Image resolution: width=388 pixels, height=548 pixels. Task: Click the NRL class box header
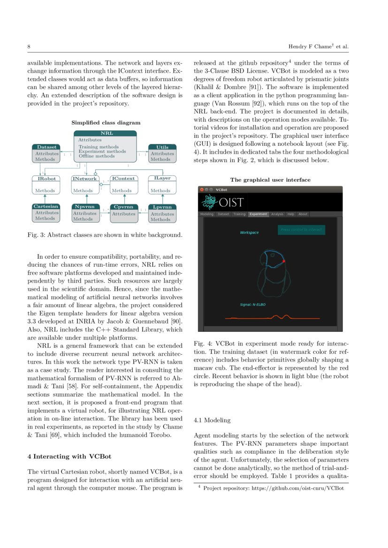(x=107, y=133)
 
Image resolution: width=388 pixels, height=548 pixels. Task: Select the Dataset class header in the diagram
(x=46, y=147)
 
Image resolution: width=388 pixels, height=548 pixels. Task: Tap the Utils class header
(x=162, y=147)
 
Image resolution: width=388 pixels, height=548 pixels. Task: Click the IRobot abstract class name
(x=46, y=179)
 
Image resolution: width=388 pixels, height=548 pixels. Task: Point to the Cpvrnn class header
(x=123, y=207)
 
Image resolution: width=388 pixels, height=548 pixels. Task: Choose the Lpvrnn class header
(x=162, y=207)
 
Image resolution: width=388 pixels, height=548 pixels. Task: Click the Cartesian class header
(x=46, y=206)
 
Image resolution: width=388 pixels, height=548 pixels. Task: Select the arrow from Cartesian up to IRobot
(x=46, y=199)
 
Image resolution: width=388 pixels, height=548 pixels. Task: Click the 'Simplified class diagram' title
(x=106, y=123)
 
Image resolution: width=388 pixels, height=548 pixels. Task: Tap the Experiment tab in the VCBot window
(x=258, y=214)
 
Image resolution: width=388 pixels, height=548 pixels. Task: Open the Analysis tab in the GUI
(x=277, y=214)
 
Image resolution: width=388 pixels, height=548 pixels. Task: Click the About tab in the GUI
(x=303, y=214)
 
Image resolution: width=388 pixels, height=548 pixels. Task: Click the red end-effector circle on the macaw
(x=284, y=261)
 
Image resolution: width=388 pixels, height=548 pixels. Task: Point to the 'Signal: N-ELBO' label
(x=253, y=305)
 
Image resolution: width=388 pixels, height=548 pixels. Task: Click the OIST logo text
(x=229, y=202)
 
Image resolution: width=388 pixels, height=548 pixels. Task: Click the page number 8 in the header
(x=29, y=47)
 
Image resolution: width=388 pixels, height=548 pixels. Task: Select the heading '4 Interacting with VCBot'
(x=69, y=457)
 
